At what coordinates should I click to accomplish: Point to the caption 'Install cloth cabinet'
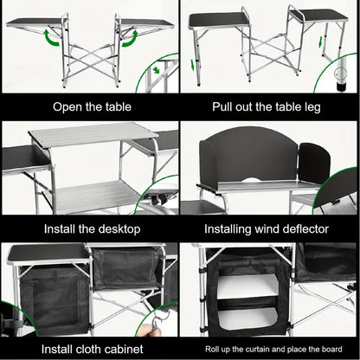coord(89,349)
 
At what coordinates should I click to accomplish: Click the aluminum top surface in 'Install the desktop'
coord(91,134)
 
